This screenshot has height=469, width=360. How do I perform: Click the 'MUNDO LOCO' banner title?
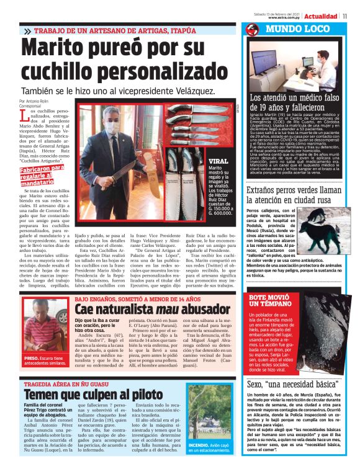[297, 29]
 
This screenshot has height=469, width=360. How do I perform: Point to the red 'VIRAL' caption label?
[218, 160]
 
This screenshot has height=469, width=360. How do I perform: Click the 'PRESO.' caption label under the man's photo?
[32, 358]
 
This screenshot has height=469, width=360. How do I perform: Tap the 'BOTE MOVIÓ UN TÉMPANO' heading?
[269, 301]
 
